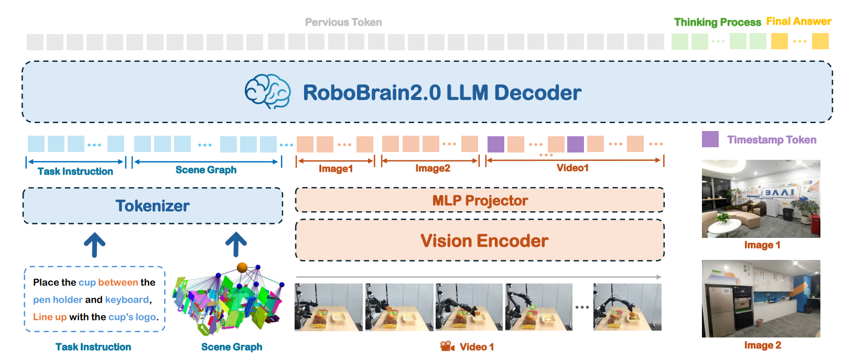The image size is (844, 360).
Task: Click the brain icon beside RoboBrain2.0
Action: [268, 92]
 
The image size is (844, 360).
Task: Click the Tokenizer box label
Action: [153, 206]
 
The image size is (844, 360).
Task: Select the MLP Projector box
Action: [480, 201]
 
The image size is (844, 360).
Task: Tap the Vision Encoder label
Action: [484, 241]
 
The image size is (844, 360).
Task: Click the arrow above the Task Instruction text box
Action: [95, 245]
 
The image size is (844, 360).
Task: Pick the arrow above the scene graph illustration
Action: [236, 245]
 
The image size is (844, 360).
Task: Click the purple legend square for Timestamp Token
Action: [710, 139]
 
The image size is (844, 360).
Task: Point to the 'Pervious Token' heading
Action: [343, 23]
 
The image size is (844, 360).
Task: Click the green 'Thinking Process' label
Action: [717, 23]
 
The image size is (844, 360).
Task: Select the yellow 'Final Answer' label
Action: [798, 21]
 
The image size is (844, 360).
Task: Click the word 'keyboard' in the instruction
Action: [127, 300]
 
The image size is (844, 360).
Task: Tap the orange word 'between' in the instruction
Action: [118, 282]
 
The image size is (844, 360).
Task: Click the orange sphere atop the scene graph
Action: [242, 268]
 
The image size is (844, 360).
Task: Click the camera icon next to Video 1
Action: [447, 346]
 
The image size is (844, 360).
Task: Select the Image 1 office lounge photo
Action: [761, 199]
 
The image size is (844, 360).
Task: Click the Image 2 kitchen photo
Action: [761, 299]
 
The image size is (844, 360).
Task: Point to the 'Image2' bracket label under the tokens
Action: [432, 168]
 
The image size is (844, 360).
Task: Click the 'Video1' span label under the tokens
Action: [572, 168]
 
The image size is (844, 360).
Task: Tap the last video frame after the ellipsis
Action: [627, 307]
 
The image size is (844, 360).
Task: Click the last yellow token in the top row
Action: [820, 41]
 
